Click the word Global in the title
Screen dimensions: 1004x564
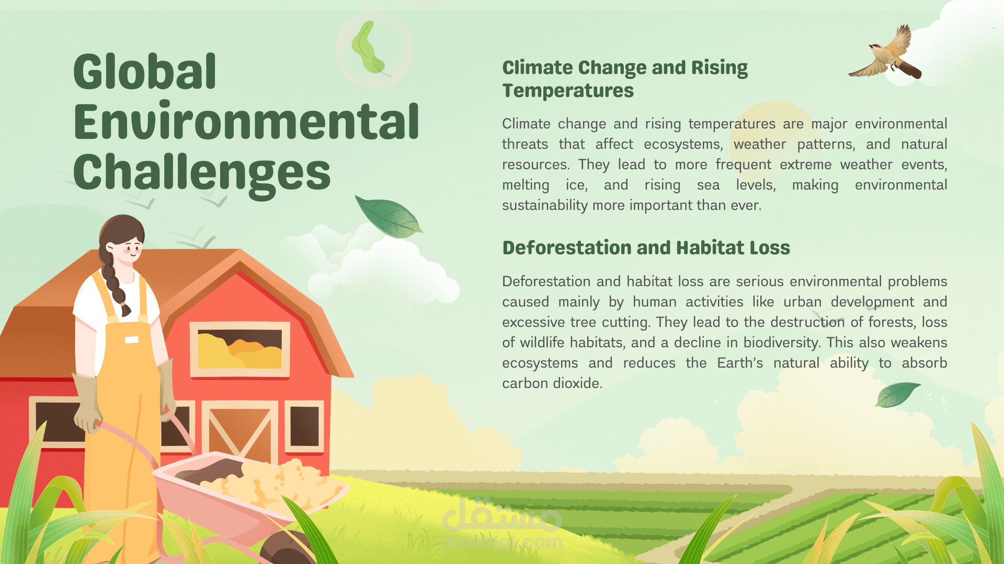[145, 72]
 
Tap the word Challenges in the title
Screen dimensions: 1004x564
[202, 174]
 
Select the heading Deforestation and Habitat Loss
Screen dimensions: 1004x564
[646, 248]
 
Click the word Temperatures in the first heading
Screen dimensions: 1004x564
[568, 91]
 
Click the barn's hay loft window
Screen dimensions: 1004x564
[240, 349]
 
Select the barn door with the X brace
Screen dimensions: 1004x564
[240, 431]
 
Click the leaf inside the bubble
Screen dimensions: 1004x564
[369, 48]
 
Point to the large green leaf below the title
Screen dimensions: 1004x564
[388, 216]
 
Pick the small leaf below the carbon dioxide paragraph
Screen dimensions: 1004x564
[897, 395]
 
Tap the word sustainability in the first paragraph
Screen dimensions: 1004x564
[545, 206]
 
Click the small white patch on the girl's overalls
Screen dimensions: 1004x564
[132, 340]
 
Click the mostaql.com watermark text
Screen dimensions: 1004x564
[502, 543]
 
